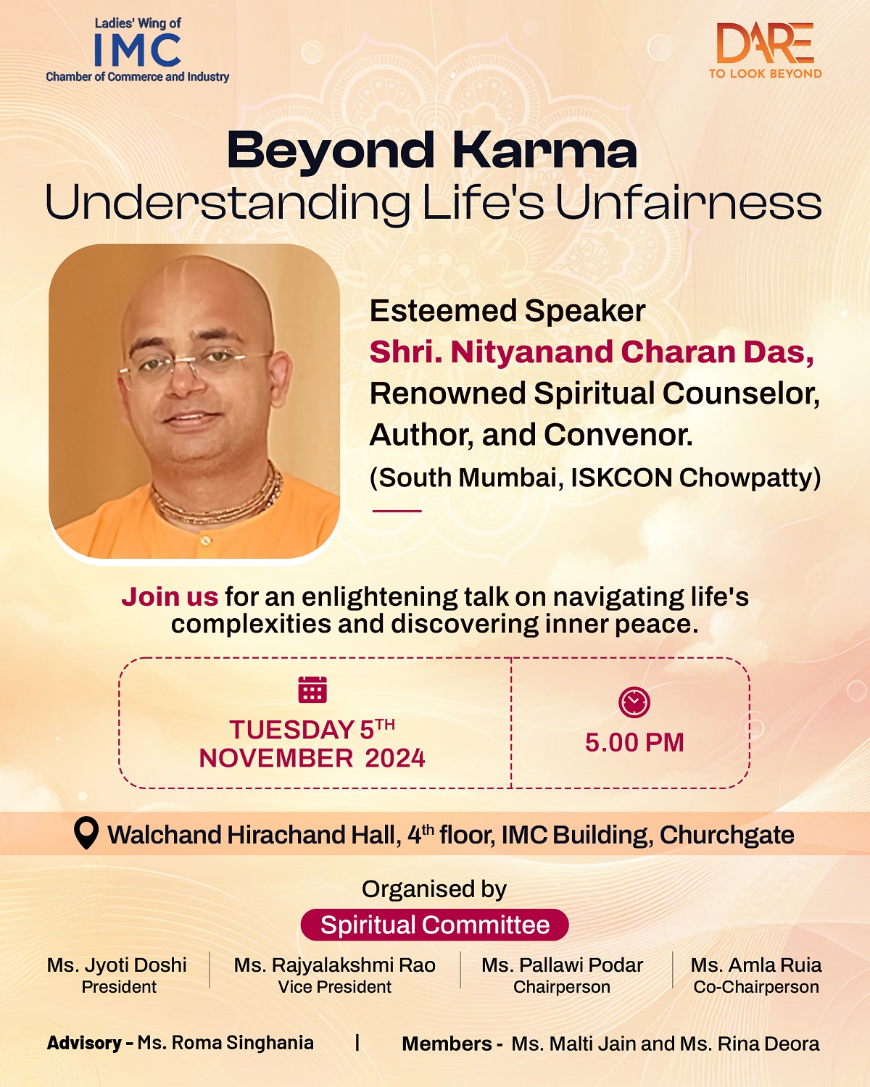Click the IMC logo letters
click(x=138, y=51)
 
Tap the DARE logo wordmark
click(x=765, y=43)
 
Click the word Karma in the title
click(x=544, y=151)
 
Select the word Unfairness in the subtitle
click(x=689, y=203)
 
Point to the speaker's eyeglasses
click(x=194, y=366)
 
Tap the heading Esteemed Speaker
click(x=507, y=311)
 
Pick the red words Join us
click(x=170, y=596)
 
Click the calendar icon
click(x=312, y=689)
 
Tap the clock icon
click(x=634, y=702)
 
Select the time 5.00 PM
click(x=634, y=743)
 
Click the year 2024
click(x=395, y=758)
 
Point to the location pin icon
click(x=86, y=833)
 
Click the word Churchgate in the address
click(x=727, y=835)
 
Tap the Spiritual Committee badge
click(x=435, y=925)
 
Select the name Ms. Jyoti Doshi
click(x=117, y=965)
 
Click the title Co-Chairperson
click(x=756, y=987)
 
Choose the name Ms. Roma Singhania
click(x=225, y=1043)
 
